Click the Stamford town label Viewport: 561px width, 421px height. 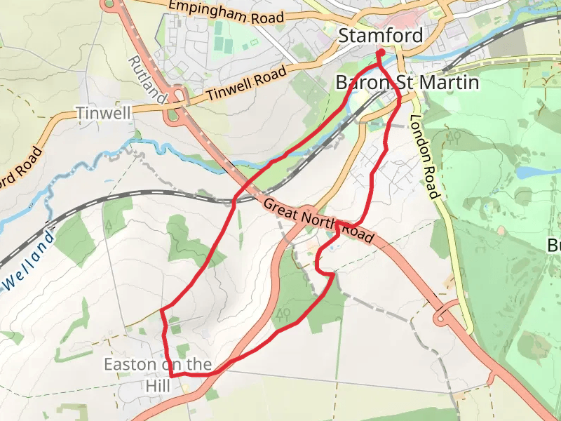[x=381, y=36]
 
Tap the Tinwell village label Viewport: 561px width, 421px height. [x=104, y=112]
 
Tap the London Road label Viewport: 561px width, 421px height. [x=425, y=156]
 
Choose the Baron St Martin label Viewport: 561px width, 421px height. [x=407, y=83]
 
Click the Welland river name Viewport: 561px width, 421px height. [x=30, y=262]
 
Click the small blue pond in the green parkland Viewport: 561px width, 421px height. [x=527, y=171]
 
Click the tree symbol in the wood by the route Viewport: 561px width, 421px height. [x=284, y=312]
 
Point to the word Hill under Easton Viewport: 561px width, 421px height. [x=158, y=385]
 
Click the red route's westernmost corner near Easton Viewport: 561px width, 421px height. [x=162, y=309]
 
